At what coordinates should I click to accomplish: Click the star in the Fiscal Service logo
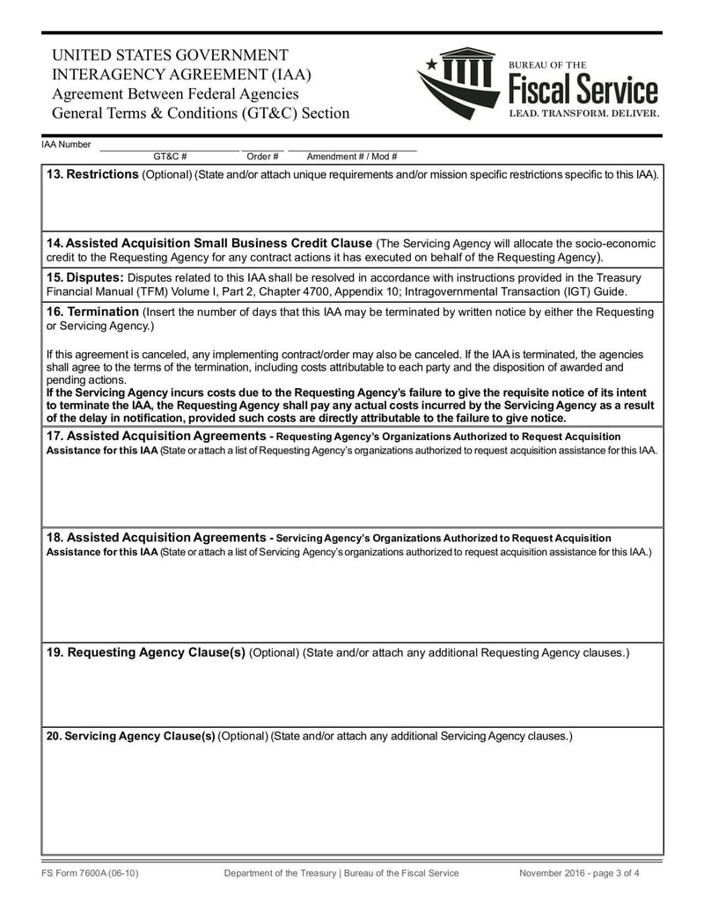click(431, 64)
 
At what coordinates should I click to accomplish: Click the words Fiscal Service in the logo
click(583, 90)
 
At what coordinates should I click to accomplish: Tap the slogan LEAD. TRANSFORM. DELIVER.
click(583, 114)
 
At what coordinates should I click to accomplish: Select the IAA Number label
click(66, 143)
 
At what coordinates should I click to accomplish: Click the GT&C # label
click(170, 157)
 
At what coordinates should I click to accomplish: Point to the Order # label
click(262, 157)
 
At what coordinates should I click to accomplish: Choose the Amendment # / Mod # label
click(351, 157)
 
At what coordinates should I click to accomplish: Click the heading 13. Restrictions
click(92, 174)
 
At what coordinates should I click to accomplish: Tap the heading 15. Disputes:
click(85, 277)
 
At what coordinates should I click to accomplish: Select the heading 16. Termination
click(92, 312)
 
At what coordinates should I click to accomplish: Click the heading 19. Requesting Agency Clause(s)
click(145, 652)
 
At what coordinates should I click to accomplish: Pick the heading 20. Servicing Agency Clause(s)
click(130, 736)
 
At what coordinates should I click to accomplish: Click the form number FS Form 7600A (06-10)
click(90, 873)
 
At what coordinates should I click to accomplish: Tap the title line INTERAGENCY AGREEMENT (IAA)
click(181, 74)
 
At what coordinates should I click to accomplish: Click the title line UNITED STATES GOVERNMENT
click(170, 55)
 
